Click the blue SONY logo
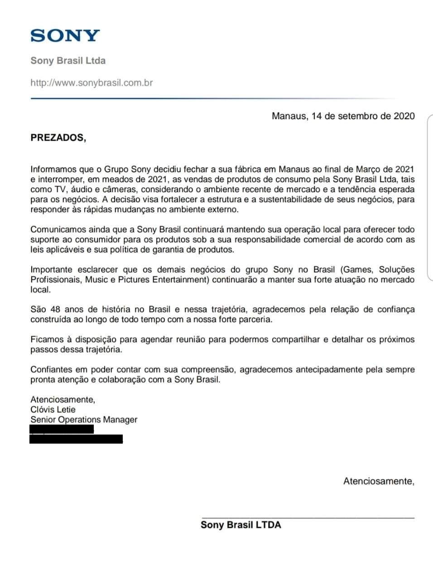tap(65, 35)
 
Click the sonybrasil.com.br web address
tap(91, 83)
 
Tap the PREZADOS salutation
tap(58, 138)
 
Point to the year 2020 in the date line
tap(404, 116)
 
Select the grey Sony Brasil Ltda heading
tap(68, 61)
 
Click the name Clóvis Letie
tap(53, 410)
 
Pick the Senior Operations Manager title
tap(84, 420)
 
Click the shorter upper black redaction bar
tap(62, 429)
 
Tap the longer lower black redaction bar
tap(76, 439)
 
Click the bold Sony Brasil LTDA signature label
tap(241, 525)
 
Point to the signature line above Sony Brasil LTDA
tap(308, 517)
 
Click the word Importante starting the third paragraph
tap(51, 270)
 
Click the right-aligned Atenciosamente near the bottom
tap(379, 481)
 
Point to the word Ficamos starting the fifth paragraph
tap(46, 339)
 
